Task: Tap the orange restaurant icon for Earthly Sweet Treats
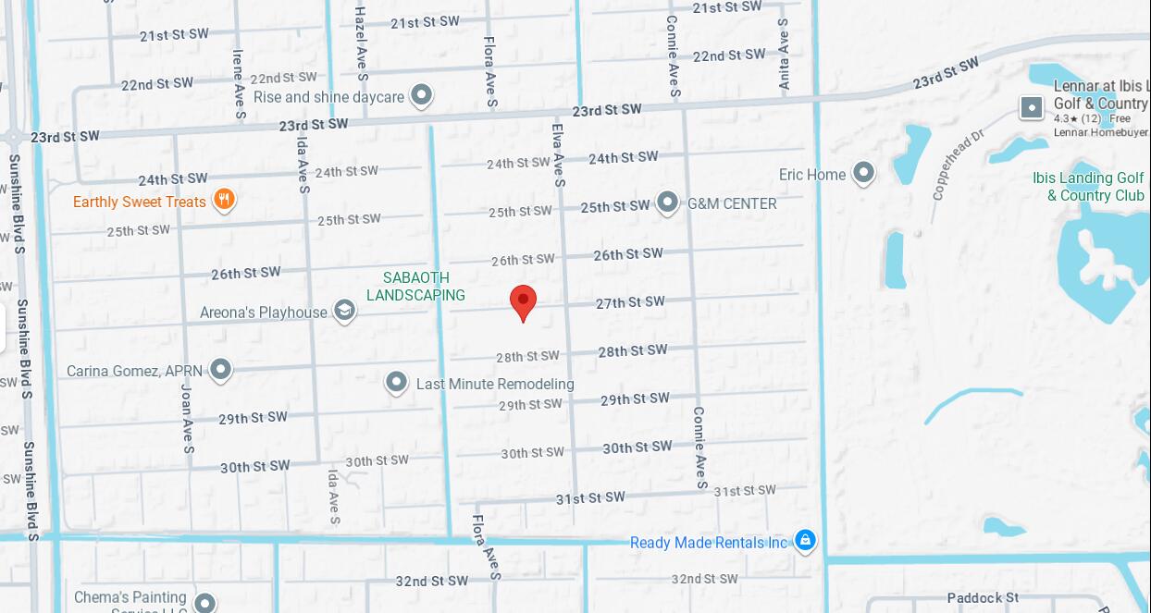(x=223, y=199)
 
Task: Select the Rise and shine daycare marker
(x=421, y=94)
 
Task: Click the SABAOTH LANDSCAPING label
(x=415, y=287)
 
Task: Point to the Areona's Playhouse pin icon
(x=344, y=311)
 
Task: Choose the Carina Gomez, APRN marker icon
(x=220, y=370)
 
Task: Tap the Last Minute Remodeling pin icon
(x=396, y=382)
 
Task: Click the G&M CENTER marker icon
(x=667, y=202)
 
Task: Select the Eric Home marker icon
(x=863, y=173)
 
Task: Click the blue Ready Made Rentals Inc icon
(x=805, y=540)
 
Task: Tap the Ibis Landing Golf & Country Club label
(x=1088, y=187)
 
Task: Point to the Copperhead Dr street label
(x=958, y=165)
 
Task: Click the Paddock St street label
(x=983, y=598)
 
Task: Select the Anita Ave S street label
(x=784, y=54)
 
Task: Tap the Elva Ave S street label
(x=558, y=155)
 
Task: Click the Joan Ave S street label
(x=187, y=419)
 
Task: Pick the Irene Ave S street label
(x=239, y=84)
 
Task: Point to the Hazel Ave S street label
(x=361, y=43)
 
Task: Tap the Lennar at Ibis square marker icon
(x=1032, y=107)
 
